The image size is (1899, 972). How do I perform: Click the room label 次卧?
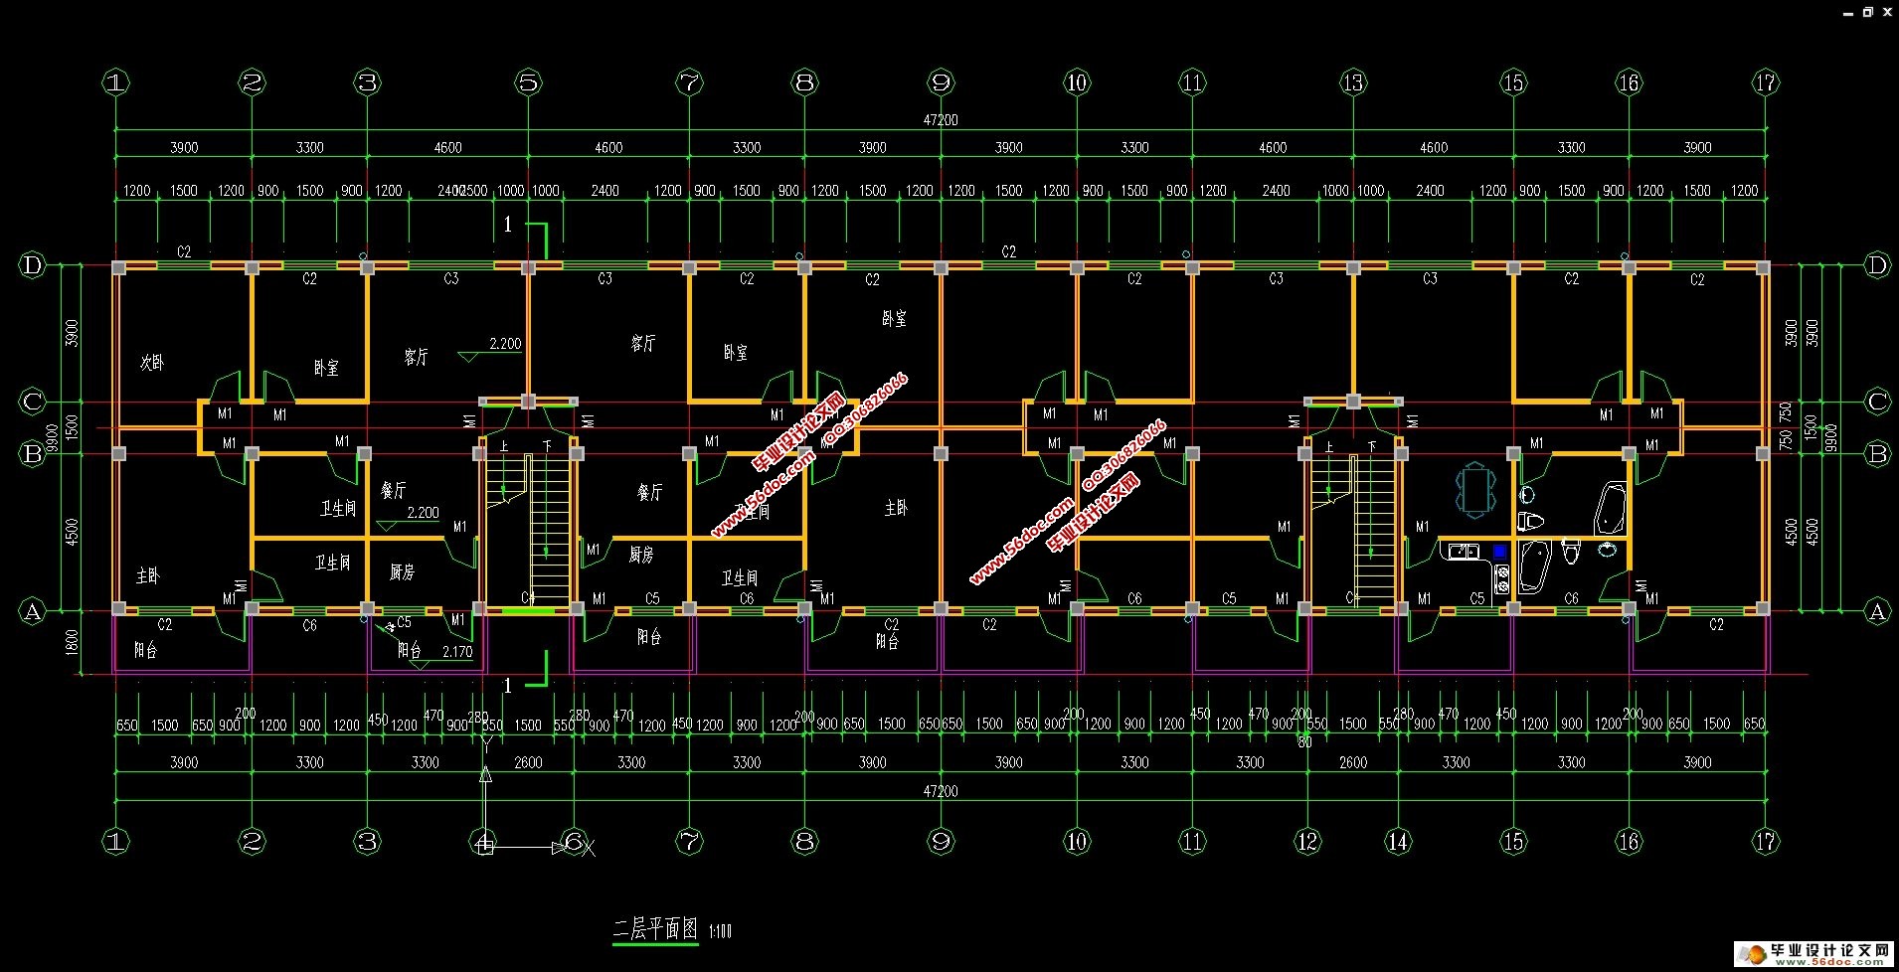coord(151,363)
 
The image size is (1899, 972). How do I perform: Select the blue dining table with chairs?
coord(1475,491)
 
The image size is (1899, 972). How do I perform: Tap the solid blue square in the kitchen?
coord(1499,551)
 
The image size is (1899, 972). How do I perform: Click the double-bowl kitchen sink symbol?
coord(1463,551)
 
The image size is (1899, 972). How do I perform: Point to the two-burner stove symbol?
coord(1501,579)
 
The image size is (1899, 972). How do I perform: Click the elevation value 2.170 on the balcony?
coord(456,652)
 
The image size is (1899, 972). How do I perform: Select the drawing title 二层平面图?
coord(655,929)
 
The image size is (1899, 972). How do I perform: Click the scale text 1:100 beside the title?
coord(720,931)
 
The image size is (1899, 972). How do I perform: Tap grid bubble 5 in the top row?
coord(528,82)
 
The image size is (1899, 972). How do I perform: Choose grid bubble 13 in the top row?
coord(1352,82)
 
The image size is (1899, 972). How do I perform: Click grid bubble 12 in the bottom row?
coord(1306,842)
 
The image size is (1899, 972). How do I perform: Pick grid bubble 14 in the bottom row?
coord(1398,842)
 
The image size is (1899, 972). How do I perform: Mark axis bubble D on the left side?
coord(33,265)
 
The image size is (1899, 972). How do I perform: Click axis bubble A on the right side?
coord(1877,611)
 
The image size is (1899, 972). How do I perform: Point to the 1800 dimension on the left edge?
coord(72,643)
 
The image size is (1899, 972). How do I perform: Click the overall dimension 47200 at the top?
coord(940,119)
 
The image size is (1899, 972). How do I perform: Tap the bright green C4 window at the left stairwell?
coord(527,609)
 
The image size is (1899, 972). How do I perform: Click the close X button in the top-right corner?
coord(1886,12)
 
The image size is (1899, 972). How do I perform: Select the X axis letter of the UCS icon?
coord(589,848)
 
